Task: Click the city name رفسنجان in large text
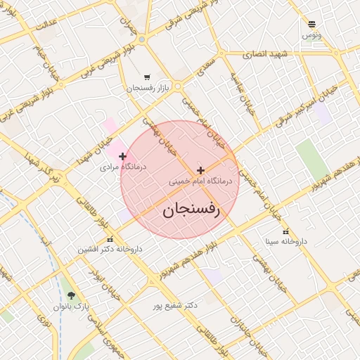click(x=192, y=209)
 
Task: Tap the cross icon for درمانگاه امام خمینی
click(x=201, y=170)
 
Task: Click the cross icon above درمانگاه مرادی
click(x=123, y=156)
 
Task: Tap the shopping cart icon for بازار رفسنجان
click(x=146, y=77)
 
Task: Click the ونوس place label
click(x=312, y=34)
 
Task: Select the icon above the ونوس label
click(x=312, y=24)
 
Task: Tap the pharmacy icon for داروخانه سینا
click(x=285, y=231)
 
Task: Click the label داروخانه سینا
click(x=286, y=242)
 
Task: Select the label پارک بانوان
click(x=73, y=307)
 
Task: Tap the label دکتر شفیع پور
click(x=175, y=306)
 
